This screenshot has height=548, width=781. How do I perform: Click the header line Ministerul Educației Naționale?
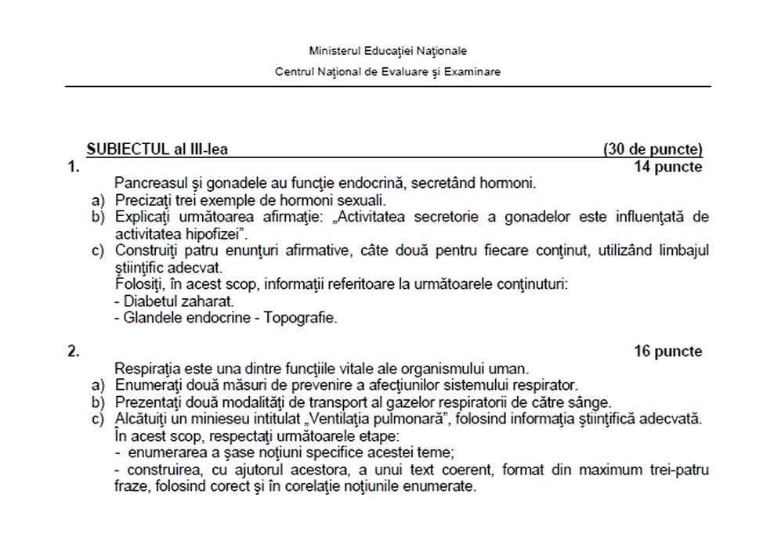tap(388, 51)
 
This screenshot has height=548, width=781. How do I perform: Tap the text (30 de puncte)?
tap(653, 150)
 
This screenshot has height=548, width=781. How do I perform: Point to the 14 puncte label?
tap(667, 167)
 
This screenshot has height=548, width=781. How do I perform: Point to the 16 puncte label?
tap(667, 352)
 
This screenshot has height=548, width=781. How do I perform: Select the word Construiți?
tap(149, 251)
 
